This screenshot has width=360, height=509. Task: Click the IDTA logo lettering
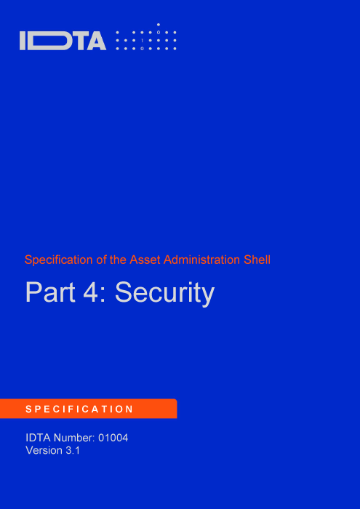[63, 41]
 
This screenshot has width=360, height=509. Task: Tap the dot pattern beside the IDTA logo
[146, 36]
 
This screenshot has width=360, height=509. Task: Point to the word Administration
[202, 260]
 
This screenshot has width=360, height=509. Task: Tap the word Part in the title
[50, 292]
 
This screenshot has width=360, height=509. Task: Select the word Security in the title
[164, 294]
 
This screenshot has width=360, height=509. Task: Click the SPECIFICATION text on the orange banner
[79, 409]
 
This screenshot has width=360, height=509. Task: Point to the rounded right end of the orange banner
[176, 409]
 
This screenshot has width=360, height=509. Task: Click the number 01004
[113, 438]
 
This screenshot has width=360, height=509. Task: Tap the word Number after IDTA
[74, 438]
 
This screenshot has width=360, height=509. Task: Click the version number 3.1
[73, 451]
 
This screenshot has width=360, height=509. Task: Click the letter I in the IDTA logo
[23, 41]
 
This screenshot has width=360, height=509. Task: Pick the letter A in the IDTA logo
[96, 41]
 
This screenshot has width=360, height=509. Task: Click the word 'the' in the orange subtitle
[118, 260]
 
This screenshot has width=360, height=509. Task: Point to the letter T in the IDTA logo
[78, 41]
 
